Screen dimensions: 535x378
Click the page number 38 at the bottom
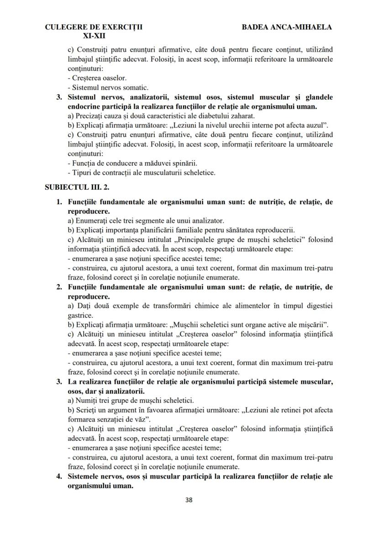(189, 499)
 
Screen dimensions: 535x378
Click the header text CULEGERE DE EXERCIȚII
(94, 27)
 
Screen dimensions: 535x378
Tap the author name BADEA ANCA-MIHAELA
(287, 27)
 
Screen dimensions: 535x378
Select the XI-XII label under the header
(94, 35)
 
